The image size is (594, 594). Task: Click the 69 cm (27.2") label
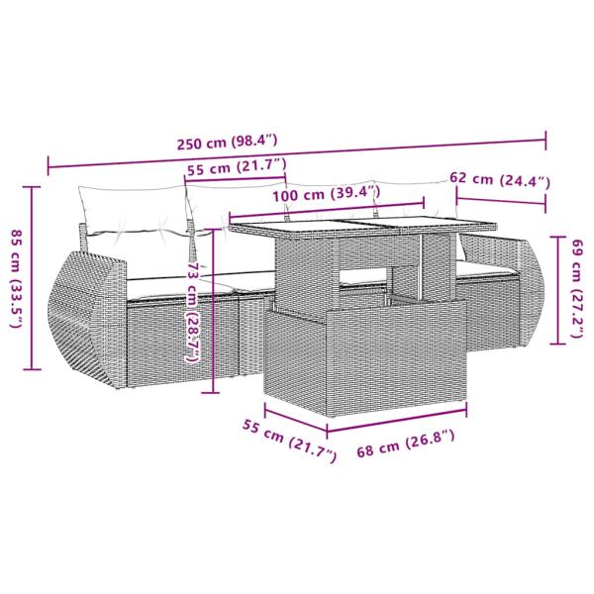click(x=577, y=288)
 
